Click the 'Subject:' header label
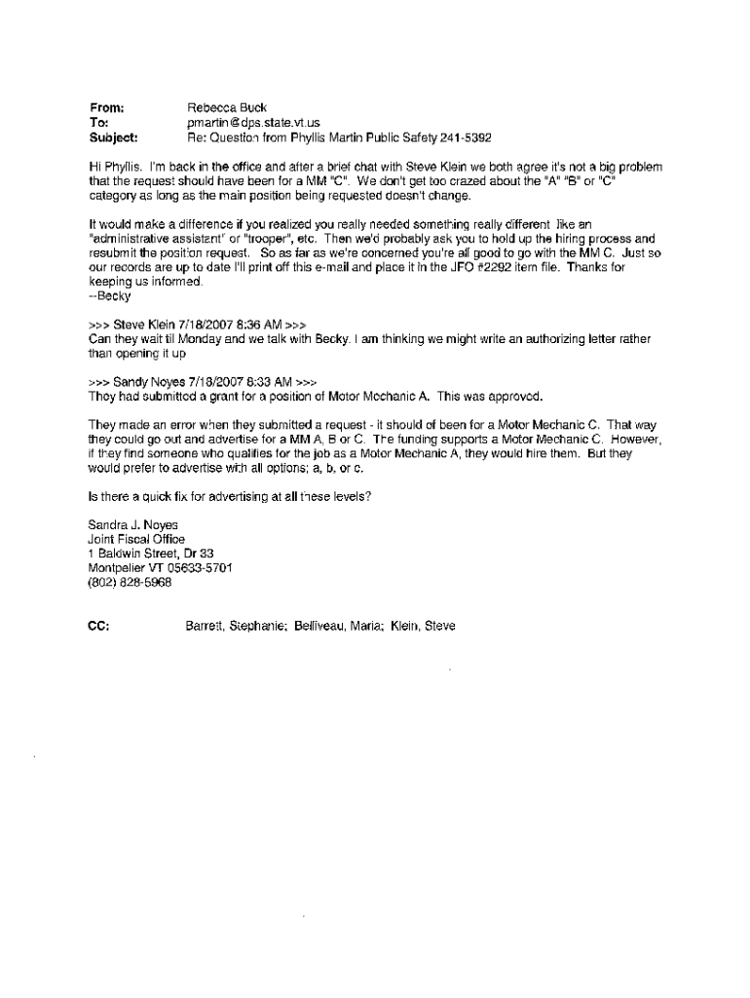(x=113, y=137)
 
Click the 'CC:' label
(x=97, y=627)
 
